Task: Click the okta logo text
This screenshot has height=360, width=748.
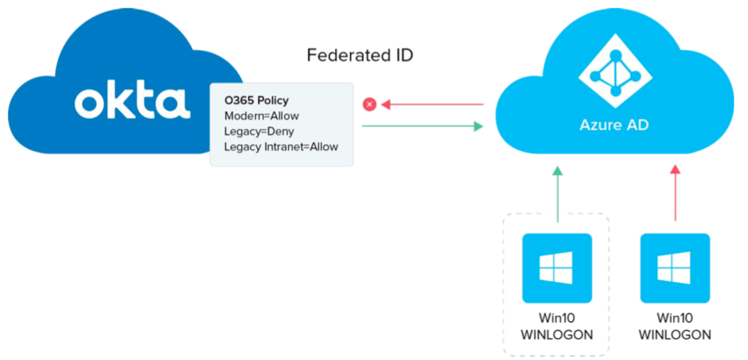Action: click(x=132, y=102)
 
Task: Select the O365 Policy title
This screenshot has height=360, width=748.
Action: click(x=256, y=101)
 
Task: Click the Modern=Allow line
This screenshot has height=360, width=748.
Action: click(x=261, y=116)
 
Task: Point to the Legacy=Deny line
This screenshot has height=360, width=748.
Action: click(x=259, y=131)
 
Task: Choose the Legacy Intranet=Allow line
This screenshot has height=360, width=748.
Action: click(x=280, y=147)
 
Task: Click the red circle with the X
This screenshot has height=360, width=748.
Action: click(x=368, y=105)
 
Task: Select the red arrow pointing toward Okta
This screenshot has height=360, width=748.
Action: click(x=432, y=105)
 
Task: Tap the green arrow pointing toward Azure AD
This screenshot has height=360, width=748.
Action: click(x=422, y=126)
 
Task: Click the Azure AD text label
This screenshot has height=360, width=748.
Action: click(x=614, y=125)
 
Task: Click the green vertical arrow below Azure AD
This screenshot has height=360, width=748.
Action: click(x=557, y=194)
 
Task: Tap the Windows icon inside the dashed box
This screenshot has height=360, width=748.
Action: click(x=556, y=268)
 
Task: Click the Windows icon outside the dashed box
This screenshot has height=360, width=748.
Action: click(x=674, y=268)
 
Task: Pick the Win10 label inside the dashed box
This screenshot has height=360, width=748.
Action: click(x=556, y=318)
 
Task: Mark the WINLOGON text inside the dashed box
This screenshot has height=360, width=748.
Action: click(x=556, y=334)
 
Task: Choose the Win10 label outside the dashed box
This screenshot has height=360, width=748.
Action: click(x=674, y=318)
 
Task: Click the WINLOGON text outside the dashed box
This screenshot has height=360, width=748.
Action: click(x=674, y=334)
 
